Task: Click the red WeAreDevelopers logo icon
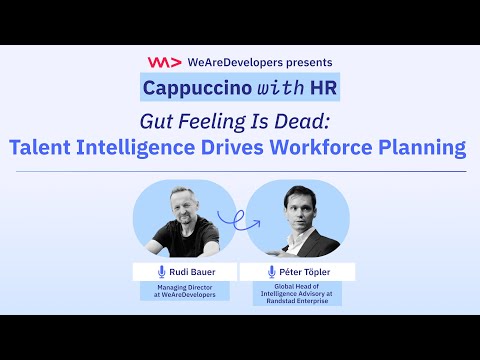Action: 165,62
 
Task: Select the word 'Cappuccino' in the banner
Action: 197,88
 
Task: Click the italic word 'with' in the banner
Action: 280,88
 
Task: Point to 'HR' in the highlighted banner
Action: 323,88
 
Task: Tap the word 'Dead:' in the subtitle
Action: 302,121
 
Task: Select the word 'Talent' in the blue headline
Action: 40,147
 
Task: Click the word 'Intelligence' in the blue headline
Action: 135,148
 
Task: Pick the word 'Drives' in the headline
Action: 232,147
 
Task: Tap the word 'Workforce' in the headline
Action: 321,147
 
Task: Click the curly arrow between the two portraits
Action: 238,220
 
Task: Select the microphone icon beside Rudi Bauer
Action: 162,272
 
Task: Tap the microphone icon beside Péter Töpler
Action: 272,272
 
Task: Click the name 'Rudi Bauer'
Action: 192,272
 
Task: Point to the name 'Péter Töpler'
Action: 305,272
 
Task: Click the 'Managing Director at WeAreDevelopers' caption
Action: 185,291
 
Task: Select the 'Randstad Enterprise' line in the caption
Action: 297,301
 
